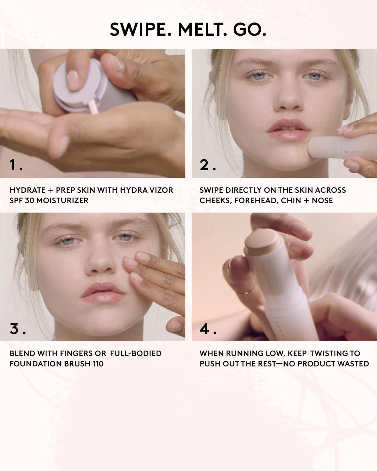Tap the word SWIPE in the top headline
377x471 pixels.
click(140, 30)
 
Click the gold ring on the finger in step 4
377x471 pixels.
click(243, 293)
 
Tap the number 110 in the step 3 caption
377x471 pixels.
click(97, 364)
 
